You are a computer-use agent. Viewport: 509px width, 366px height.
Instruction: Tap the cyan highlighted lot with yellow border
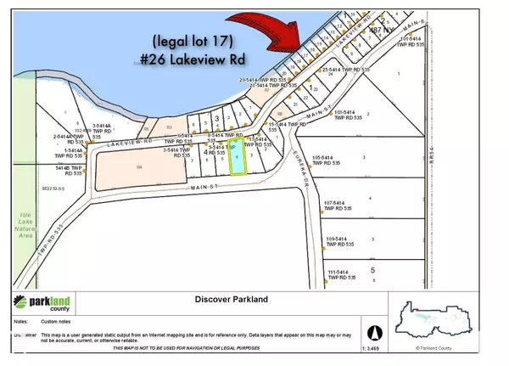(x=239, y=156)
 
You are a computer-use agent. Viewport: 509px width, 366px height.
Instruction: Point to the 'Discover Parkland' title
(x=232, y=298)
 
